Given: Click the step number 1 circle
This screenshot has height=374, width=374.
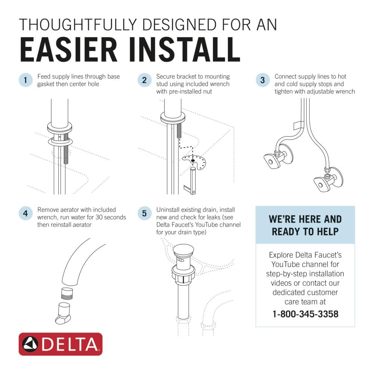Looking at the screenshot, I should coord(25,80).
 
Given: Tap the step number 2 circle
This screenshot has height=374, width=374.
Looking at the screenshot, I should coord(144,80).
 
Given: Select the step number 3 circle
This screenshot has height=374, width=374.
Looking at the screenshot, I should coord(263,80).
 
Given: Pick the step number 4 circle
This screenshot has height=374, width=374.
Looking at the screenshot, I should coord(25,214).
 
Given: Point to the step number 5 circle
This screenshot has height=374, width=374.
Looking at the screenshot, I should coord(144,214).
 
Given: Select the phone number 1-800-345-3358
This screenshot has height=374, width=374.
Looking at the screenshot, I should coord(305,313).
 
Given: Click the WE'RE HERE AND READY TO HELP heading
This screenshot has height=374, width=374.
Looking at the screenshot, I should coord(305,225).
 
